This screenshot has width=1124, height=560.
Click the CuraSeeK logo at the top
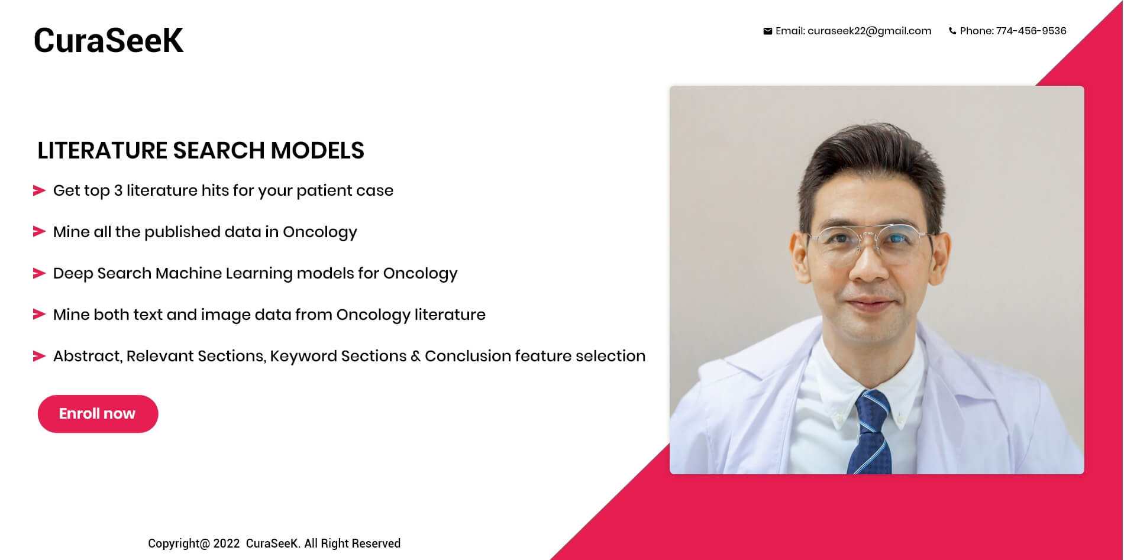108,40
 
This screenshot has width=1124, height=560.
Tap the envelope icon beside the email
767,31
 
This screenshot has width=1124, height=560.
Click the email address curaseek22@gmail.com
869,31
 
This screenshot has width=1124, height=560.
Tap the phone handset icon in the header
952,31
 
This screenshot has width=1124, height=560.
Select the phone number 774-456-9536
1031,31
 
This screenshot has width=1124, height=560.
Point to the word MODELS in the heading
317,150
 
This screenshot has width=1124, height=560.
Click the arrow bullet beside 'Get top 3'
39,190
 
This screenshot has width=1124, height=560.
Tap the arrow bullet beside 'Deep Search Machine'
39,273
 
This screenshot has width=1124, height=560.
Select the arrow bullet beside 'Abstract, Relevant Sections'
39,356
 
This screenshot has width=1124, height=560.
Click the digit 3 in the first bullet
118,190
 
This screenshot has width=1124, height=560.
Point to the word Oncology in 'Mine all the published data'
320,232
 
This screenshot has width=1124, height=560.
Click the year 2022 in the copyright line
227,543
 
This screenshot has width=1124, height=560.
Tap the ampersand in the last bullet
415,356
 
